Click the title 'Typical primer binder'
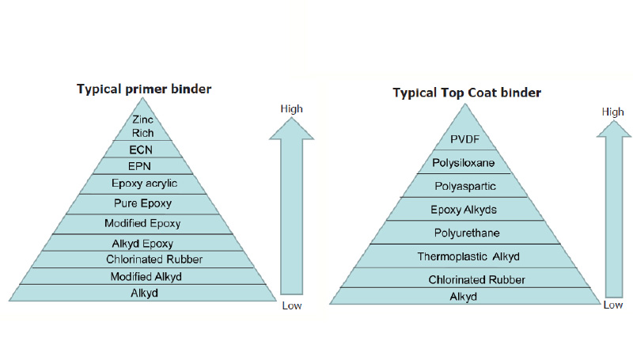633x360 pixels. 143,89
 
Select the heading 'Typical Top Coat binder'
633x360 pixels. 467,93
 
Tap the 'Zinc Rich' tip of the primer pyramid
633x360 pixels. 143,126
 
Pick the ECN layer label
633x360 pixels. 143,150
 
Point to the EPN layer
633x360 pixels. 143,166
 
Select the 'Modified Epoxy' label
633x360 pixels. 143,224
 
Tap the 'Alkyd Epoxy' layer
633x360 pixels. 143,244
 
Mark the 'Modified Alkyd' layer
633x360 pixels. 143,275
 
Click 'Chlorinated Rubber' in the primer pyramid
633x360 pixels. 143,260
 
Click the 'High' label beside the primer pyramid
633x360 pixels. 292,108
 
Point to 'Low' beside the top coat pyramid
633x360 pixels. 613,305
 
